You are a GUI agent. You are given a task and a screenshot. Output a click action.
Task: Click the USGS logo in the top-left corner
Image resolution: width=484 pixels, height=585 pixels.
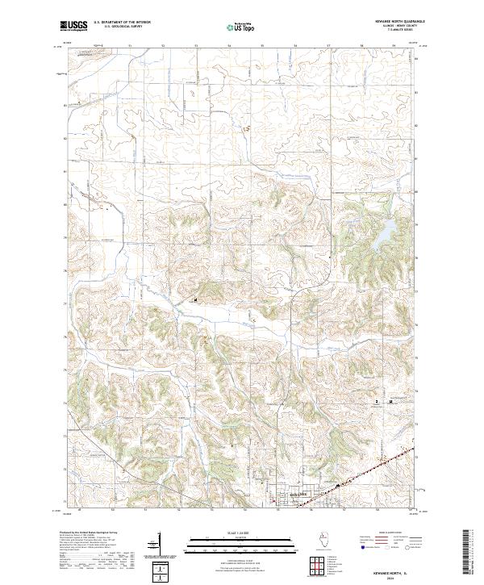75,26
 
